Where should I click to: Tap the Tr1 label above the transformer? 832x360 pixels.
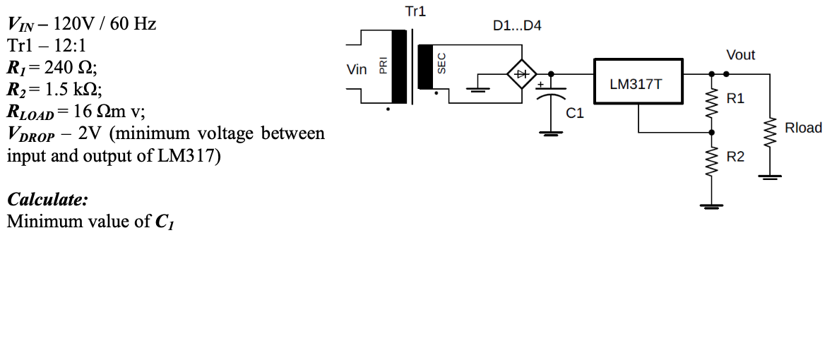coord(415,11)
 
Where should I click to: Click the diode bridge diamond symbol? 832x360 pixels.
coord(523,73)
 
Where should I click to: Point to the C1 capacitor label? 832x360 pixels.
coord(575,112)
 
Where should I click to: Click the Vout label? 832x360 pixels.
coord(740,55)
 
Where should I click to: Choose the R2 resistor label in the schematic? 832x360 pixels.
coord(735,157)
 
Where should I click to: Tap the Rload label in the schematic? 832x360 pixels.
coord(803,128)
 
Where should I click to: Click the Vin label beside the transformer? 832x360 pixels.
coord(357,69)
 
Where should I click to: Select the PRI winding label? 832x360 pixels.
coord(384,66)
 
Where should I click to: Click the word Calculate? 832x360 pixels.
coord(47,199)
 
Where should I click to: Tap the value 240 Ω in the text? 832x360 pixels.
coord(70,68)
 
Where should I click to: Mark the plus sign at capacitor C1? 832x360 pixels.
coord(540,85)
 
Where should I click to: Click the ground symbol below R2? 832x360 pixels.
coord(712,206)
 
